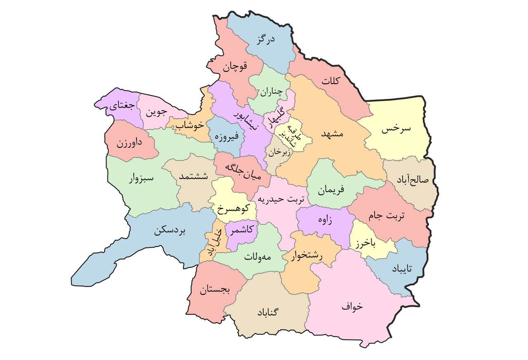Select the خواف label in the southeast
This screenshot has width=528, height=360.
(x=352, y=306)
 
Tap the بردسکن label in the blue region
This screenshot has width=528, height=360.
(x=170, y=231)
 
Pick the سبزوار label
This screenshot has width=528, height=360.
(x=141, y=179)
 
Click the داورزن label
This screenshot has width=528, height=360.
(x=129, y=144)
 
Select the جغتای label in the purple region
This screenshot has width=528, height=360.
(x=121, y=106)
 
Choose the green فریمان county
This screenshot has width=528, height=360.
(x=331, y=191)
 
